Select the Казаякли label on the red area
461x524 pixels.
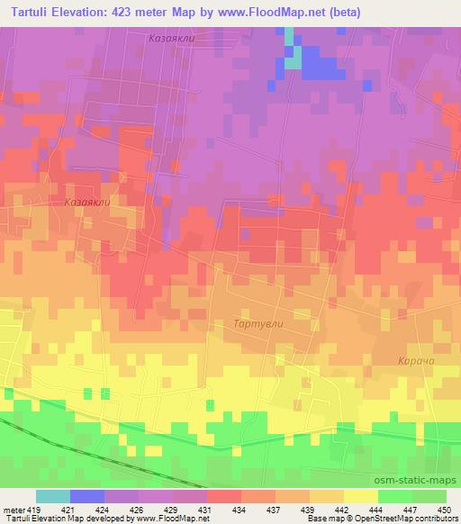click(86, 203)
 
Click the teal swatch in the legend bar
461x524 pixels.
click(53, 496)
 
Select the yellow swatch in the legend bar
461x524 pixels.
click(361, 496)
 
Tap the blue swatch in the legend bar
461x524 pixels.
click(87, 496)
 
